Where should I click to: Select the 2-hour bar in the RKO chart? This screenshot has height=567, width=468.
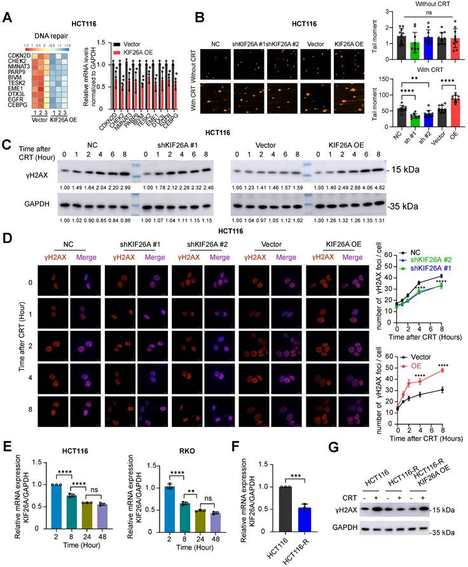coord(169,503)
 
